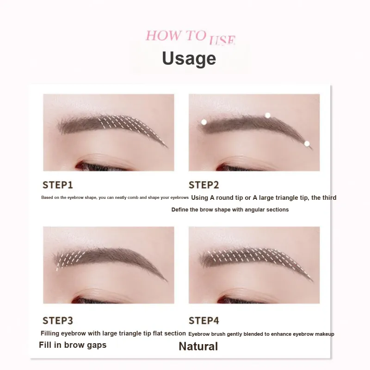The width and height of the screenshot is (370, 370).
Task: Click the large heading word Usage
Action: tap(189, 58)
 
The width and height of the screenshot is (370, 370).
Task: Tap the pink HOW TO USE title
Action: tap(190, 37)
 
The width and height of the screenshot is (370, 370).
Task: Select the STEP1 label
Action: tap(57, 185)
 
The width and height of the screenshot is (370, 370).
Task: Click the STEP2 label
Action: tap(203, 185)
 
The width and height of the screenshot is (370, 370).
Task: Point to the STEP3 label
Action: tap(58, 321)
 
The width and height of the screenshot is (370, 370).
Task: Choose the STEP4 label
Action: tap(203, 321)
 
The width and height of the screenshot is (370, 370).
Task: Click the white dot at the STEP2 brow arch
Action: tap(268, 115)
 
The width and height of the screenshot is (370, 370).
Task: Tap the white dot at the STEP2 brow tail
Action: tap(307, 143)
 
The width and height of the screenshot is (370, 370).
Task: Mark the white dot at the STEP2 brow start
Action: tap(204, 122)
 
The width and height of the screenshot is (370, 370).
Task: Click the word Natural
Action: tap(198, 346)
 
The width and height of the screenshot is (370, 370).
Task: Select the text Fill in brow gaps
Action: tap(73, 345)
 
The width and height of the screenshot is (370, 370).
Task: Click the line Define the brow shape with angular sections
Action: tap(230, 210)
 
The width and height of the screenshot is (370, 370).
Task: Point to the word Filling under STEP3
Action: tap(50, 333)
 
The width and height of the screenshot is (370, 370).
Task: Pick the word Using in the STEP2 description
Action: tap(200, 198)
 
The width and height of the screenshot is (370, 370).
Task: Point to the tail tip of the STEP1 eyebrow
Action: tap(168, 148)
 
